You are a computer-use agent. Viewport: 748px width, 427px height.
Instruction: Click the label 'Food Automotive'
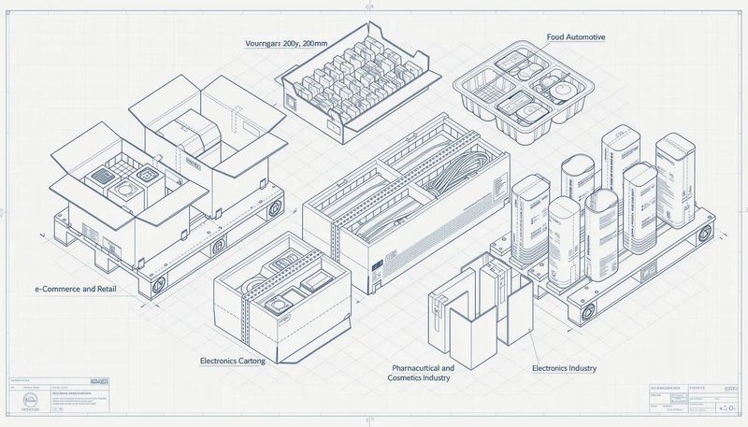[x=575, y=36]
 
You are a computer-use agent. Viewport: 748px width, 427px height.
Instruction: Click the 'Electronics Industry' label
[x=563, y=368]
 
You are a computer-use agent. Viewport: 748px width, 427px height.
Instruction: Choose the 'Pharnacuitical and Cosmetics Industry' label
[x=421, y=373]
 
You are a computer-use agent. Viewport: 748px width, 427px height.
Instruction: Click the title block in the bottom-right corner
[x=691, y=400]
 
